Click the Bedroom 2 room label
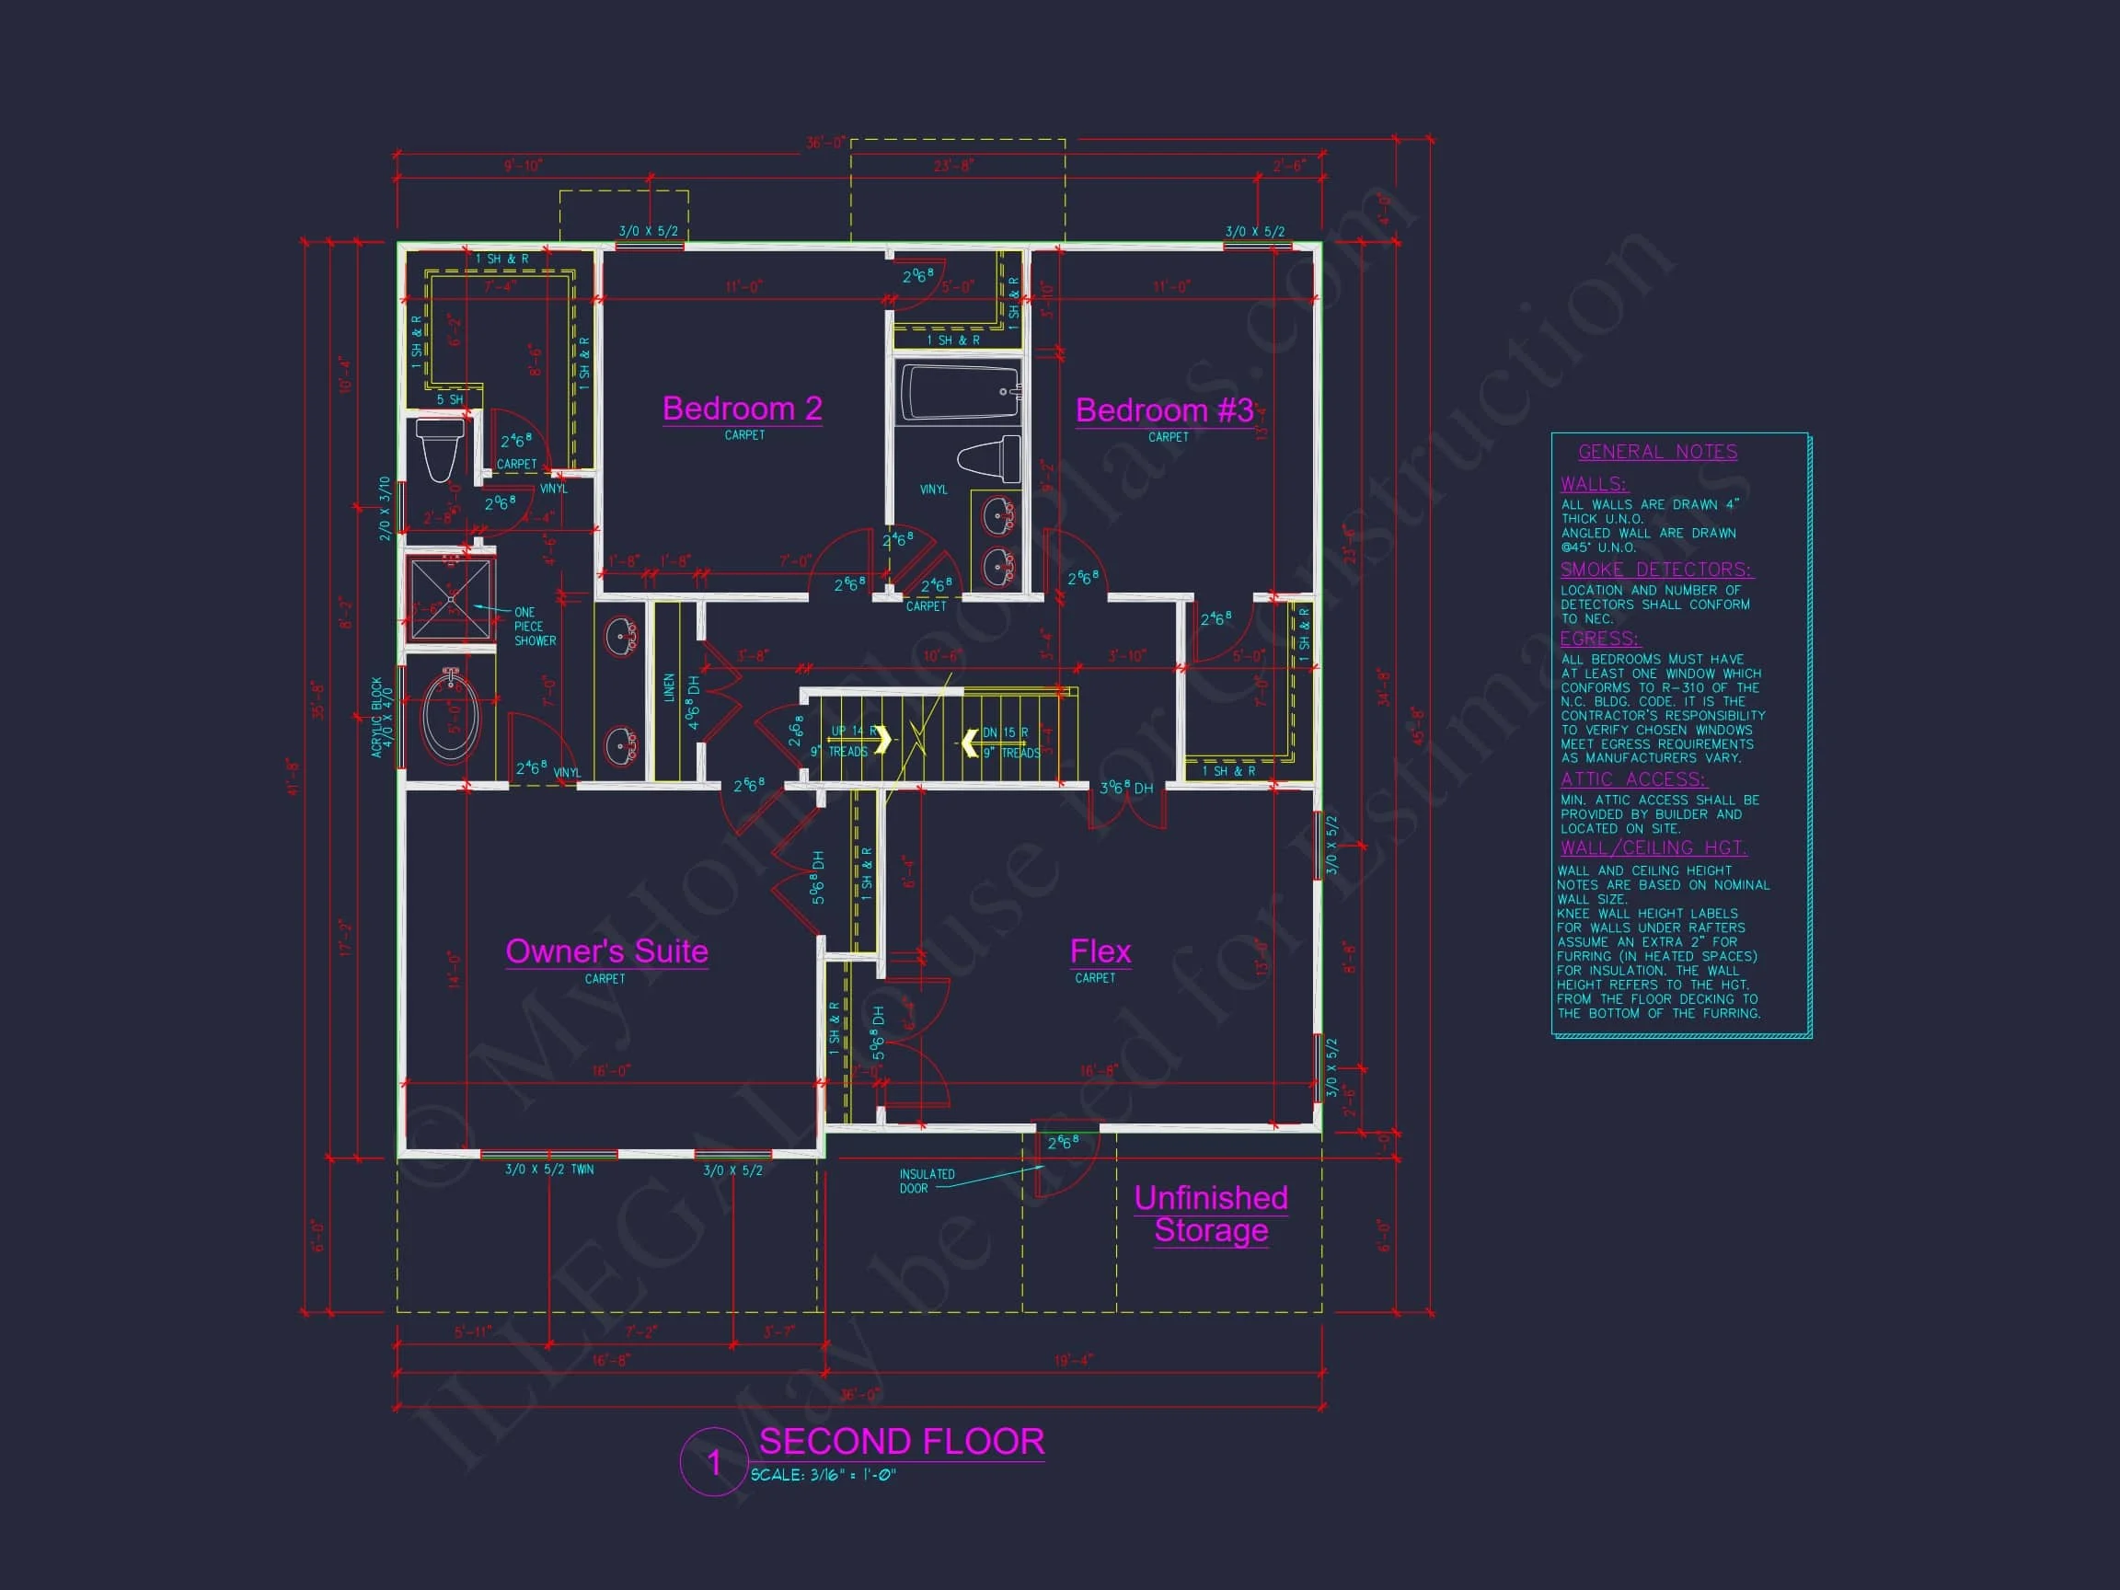[x=742, y=409]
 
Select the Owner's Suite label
[x=605, y=951]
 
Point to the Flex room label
[x=1100, y=951]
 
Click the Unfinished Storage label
[x=1211, y=1214]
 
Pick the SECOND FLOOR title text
[x=901, y=1442]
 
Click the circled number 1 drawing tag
[x=713, y=1462]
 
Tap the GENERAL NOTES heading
[x=1657, y=453]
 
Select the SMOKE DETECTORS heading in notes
[x=1655, y=570]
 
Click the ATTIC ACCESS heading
[x=1633, y=779]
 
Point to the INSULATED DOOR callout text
[x=926, y=1181]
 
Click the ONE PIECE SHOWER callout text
[x=533, y=627]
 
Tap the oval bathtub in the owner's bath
[x=451, y=715]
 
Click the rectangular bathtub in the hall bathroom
[x=960, y=392]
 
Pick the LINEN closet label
[x=669, y=687]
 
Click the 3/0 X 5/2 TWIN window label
[x=549, y=1170]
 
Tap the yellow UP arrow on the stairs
[x=881, y=740]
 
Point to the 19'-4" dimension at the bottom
[x=1073, y=1359]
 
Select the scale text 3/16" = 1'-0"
[x=824, y=1476]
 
